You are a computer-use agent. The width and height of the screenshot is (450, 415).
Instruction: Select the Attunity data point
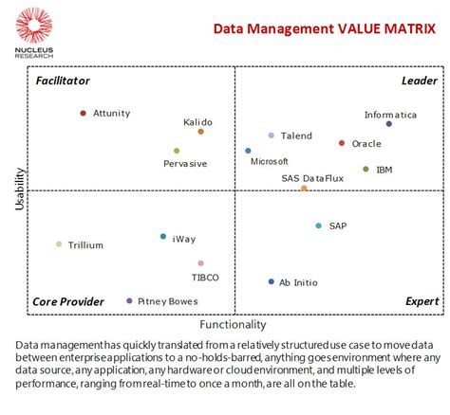(x=84, y=114)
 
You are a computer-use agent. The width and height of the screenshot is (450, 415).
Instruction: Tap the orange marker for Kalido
(x=201, y=132)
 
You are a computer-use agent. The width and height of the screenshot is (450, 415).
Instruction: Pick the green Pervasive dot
(x=177, y=151)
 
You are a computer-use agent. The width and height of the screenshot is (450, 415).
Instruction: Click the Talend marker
(x=272, y=135)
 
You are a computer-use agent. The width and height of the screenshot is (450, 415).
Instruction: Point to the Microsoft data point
(x=249, y=151)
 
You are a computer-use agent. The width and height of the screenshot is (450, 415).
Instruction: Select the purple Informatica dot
(x=389, y=124)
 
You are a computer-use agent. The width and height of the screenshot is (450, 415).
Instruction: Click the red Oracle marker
(x=342, y=143)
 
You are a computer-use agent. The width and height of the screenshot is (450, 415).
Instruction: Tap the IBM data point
(x=366, y=170)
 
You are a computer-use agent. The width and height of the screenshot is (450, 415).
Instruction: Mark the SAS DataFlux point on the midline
(x=304, y=189)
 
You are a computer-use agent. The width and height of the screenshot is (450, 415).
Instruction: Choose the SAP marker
(x=319, y=226)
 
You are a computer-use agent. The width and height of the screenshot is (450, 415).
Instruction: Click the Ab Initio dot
(x=272, y=281)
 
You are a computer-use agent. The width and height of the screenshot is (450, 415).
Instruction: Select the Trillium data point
(x=59, y=244)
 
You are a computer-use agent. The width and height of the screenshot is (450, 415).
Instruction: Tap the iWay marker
(x=163, y=237)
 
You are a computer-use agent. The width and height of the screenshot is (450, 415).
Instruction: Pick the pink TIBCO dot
(x=201, y=263)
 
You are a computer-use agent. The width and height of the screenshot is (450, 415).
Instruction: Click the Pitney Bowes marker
(x=130, y=301)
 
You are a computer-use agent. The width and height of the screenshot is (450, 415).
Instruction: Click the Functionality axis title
(x=233, y=324)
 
